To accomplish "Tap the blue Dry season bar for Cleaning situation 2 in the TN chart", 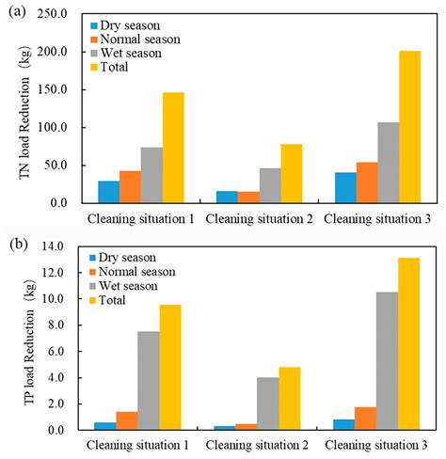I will point(227,197).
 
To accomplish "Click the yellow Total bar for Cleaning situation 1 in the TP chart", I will point(170,368).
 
